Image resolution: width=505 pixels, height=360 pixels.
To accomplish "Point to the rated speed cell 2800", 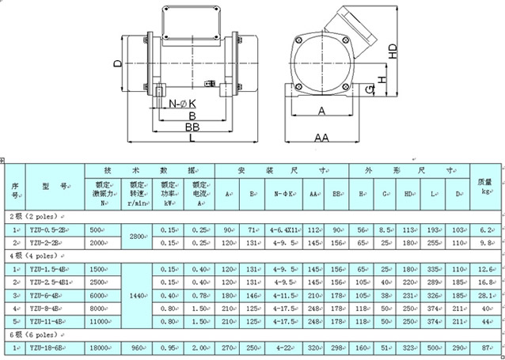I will point(138,236).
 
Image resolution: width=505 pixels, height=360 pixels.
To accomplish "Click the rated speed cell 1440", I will point(138,294).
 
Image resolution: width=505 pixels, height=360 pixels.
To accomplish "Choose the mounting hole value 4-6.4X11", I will point(283,229).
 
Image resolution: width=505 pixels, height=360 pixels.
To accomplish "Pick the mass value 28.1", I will point(486,294).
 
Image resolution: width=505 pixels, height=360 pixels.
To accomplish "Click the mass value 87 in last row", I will point(486,348).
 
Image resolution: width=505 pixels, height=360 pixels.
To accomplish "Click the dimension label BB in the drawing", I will point(192,127).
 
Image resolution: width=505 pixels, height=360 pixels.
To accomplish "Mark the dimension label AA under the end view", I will point(321,138).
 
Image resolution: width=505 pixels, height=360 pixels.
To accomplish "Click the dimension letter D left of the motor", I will point(116,63).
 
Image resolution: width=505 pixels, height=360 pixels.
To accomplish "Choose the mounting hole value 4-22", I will point(283,348).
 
